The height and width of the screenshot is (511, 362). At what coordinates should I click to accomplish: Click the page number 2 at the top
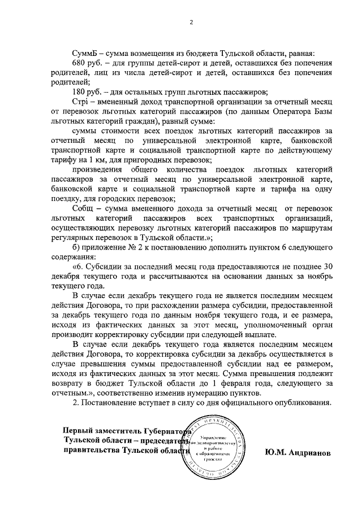click(191, 23)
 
